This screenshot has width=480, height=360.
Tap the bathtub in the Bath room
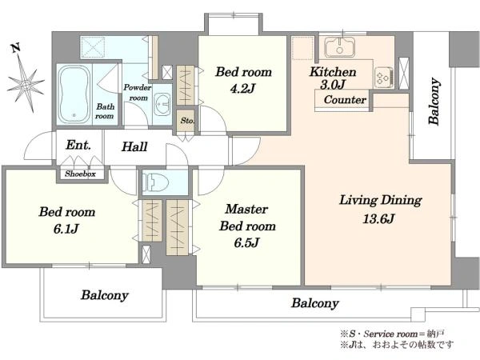pos(74,94)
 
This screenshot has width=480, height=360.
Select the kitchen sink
pos(339,47)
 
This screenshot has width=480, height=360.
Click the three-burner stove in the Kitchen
pos(383,78)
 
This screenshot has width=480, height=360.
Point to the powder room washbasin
pos(162,104)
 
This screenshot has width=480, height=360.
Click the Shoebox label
pos(80,174)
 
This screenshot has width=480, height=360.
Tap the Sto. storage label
pos(187,121)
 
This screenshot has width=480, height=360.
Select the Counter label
pos(345,99)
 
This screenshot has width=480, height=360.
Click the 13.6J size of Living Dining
pos(378,218)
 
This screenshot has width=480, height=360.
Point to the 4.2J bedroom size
pos(242,89)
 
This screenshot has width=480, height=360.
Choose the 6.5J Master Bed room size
pos(246,242)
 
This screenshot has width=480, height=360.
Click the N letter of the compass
pos(16,47)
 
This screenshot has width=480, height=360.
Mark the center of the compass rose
pos(26,83)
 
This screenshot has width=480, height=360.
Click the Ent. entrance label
pos(78,145)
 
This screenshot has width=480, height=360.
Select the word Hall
pos(134,146)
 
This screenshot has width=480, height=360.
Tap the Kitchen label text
pos(333,72)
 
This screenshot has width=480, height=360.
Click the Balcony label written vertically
pos(434,102)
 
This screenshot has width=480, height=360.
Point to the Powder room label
pos(138,93)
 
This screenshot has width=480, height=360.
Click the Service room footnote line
pos(392,334)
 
